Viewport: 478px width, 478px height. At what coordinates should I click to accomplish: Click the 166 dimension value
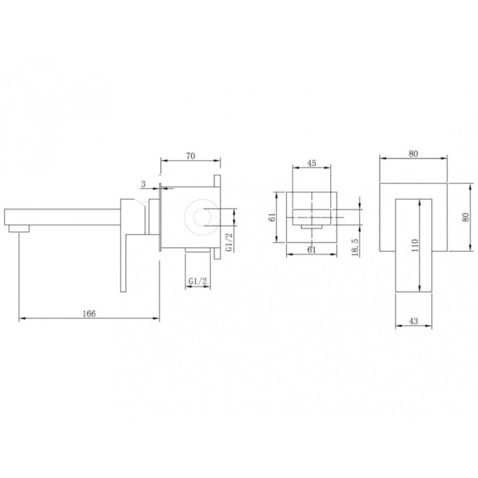point(89,313)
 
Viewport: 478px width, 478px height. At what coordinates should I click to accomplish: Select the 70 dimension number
point(190,156)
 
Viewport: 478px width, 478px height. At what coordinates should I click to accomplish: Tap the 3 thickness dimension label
point(143,184)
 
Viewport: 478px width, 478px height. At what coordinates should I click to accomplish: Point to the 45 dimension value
point(311,163)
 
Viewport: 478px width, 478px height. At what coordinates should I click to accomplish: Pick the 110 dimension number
point(415,245)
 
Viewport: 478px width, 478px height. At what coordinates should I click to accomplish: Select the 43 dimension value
point(413,321)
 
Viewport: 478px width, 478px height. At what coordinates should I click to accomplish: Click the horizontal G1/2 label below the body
point(198,281)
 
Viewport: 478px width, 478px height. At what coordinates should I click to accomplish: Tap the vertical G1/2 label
point(229,242)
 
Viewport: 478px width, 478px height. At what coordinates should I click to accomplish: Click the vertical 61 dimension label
point(272,217)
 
